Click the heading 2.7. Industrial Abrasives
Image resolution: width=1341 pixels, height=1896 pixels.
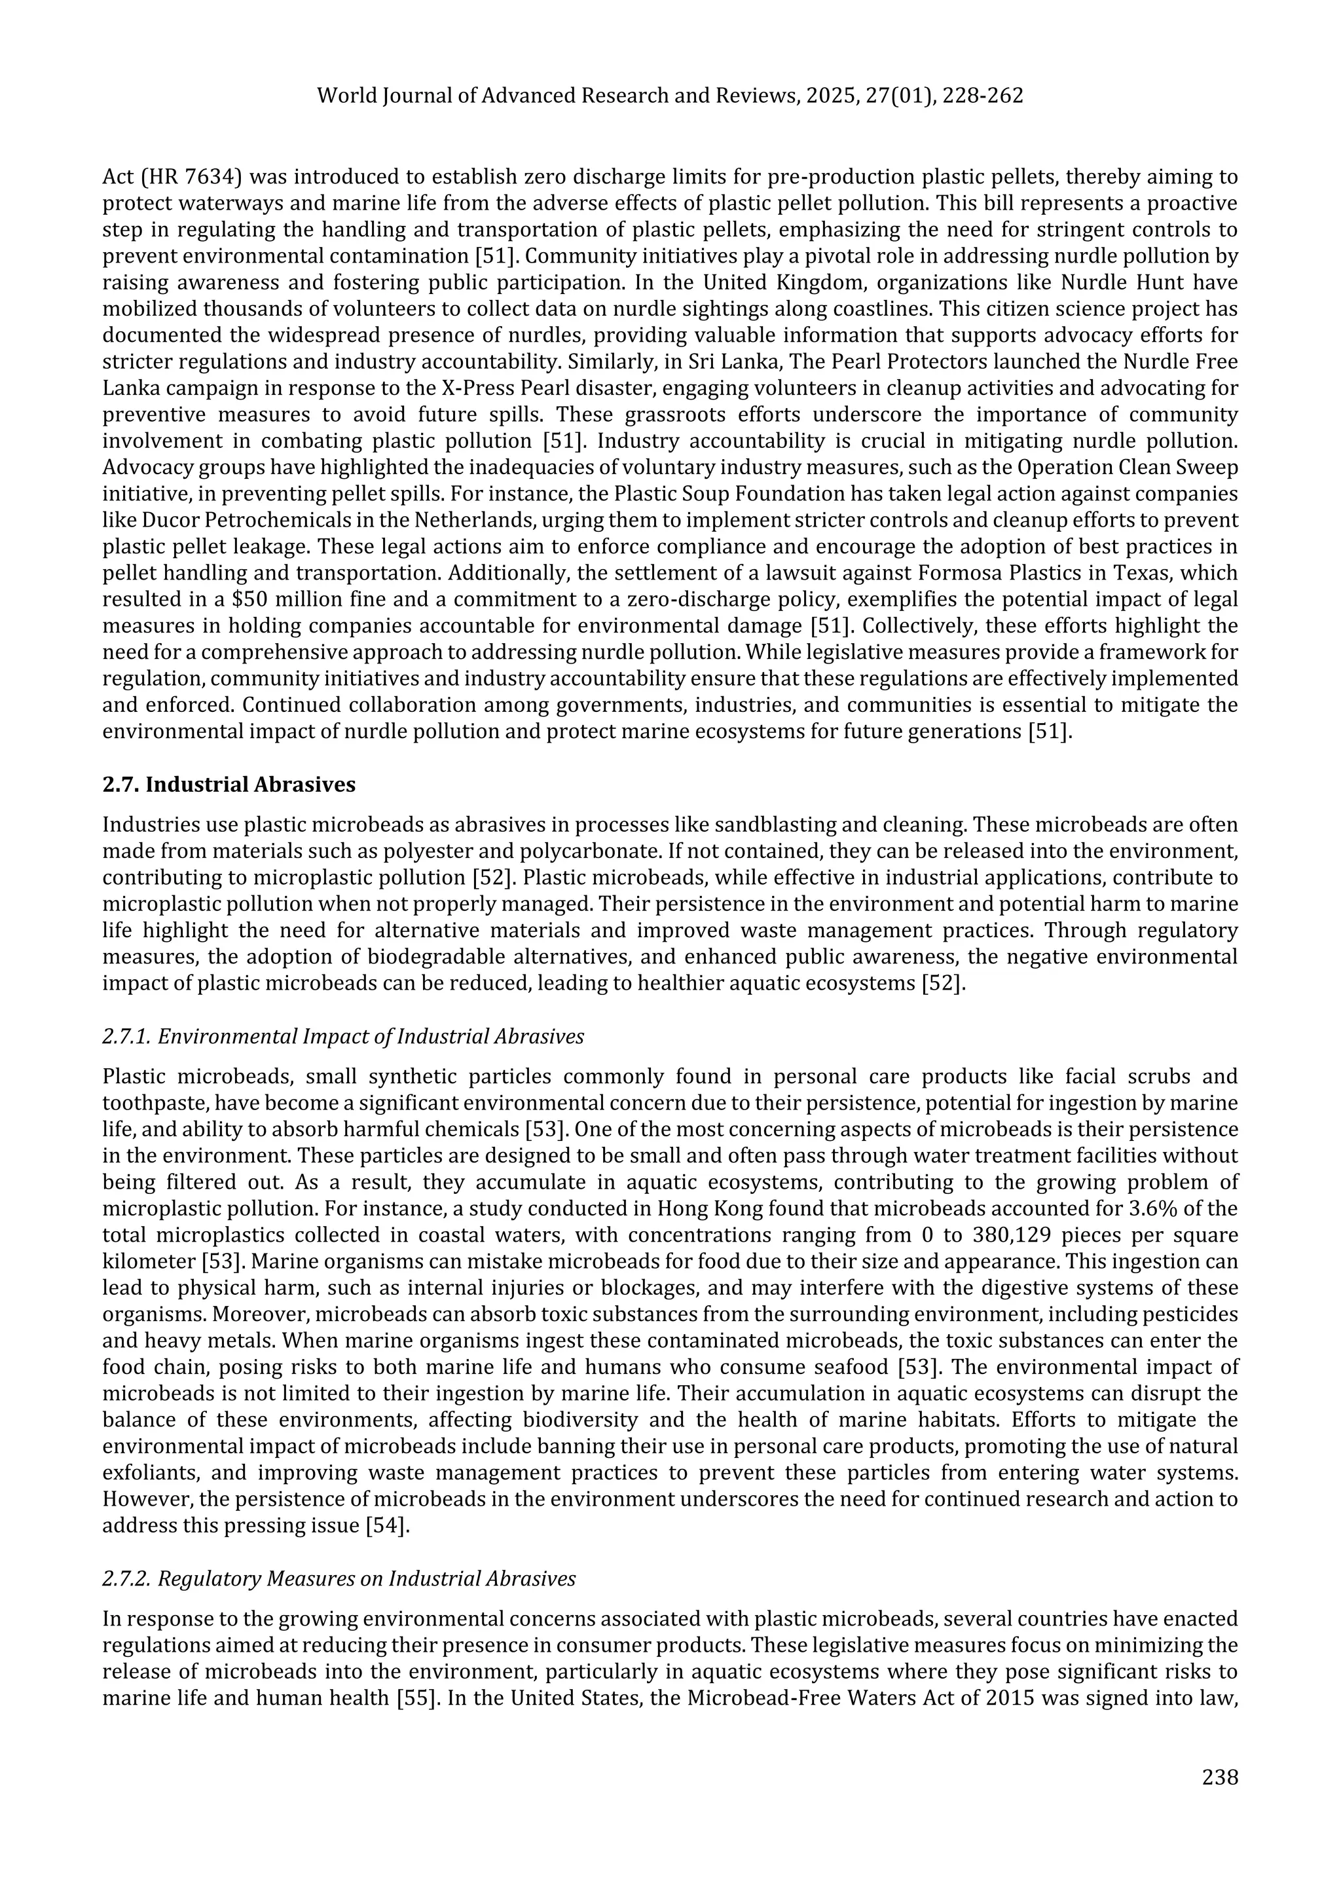(x=229, y=785)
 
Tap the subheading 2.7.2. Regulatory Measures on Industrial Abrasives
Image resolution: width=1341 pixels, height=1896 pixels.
(x=339, y=1578)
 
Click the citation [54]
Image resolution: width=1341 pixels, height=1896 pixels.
(x=387, y=1526)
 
